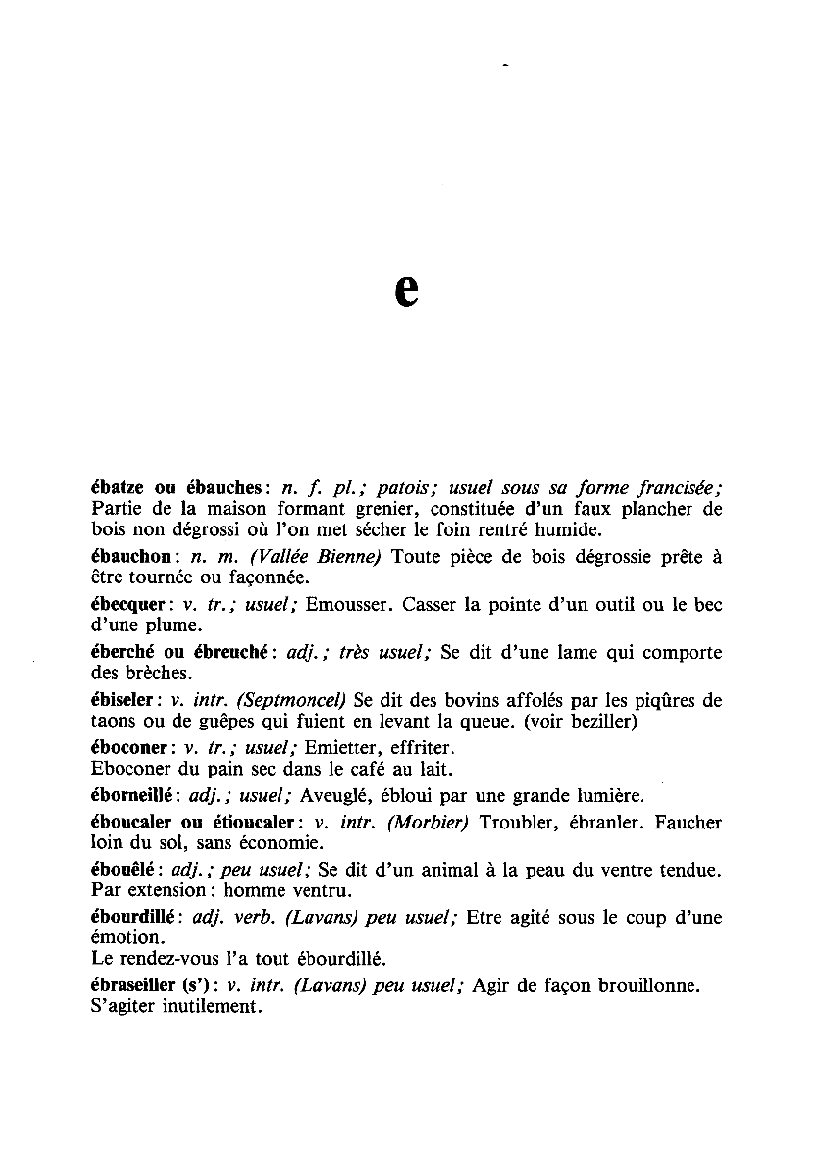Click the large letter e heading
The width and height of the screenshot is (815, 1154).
pos(406,289)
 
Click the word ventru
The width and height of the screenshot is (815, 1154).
pos(320,891)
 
